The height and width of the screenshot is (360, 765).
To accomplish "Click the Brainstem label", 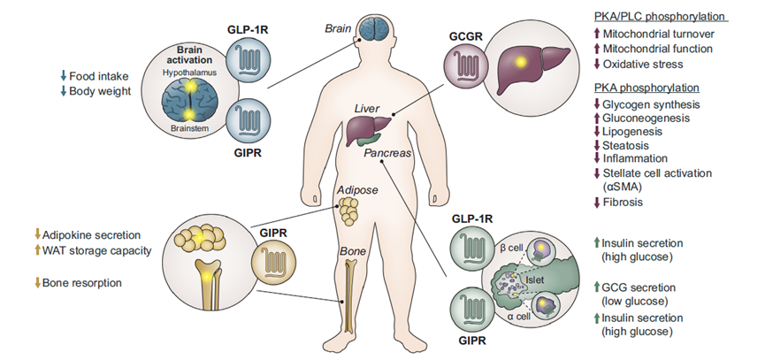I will pyautogui.click(x=190, y=128).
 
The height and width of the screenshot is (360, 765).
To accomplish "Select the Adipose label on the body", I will pyautogui.click(x=359, y=190).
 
